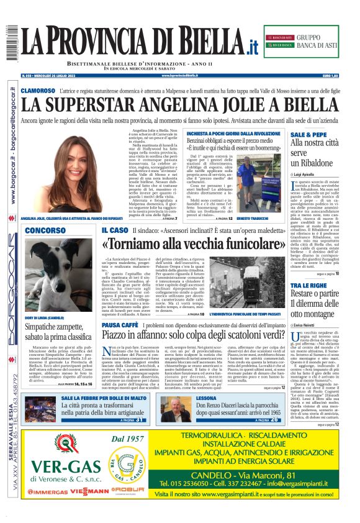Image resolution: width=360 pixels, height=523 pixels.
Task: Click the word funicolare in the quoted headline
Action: tap(244, 243)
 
